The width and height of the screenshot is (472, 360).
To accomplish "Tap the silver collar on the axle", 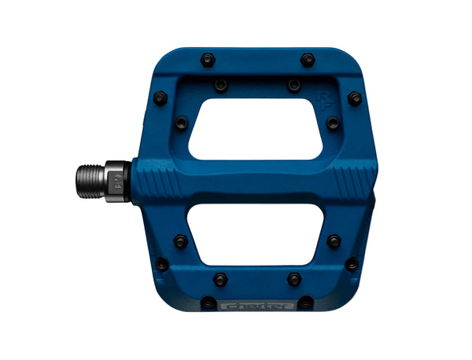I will pos(116,181).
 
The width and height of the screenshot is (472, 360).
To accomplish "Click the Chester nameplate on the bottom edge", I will pos(256,303).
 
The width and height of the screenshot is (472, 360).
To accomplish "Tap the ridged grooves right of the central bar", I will pos(350,182).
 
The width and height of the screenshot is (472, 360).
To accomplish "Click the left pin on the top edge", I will pos(208,60).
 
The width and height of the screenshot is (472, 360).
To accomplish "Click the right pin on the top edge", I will pos(308,60).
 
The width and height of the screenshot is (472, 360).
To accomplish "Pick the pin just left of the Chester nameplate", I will pos(208,303).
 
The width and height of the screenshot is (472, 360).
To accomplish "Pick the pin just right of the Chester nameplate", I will pos(305,303).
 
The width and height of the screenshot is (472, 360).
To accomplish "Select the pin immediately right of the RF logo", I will pos(355,99).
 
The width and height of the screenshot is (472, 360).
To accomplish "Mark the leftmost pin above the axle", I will pos(160,98).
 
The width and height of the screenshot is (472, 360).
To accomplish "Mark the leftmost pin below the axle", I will pos(162,264).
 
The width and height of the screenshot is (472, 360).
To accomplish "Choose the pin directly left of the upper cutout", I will pos(182,123).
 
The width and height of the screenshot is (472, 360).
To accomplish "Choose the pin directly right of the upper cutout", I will pos(333,123).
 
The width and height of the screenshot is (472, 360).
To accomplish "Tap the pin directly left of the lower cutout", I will pos(181,241).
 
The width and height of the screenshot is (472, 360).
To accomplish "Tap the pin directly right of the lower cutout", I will pos(334,241).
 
